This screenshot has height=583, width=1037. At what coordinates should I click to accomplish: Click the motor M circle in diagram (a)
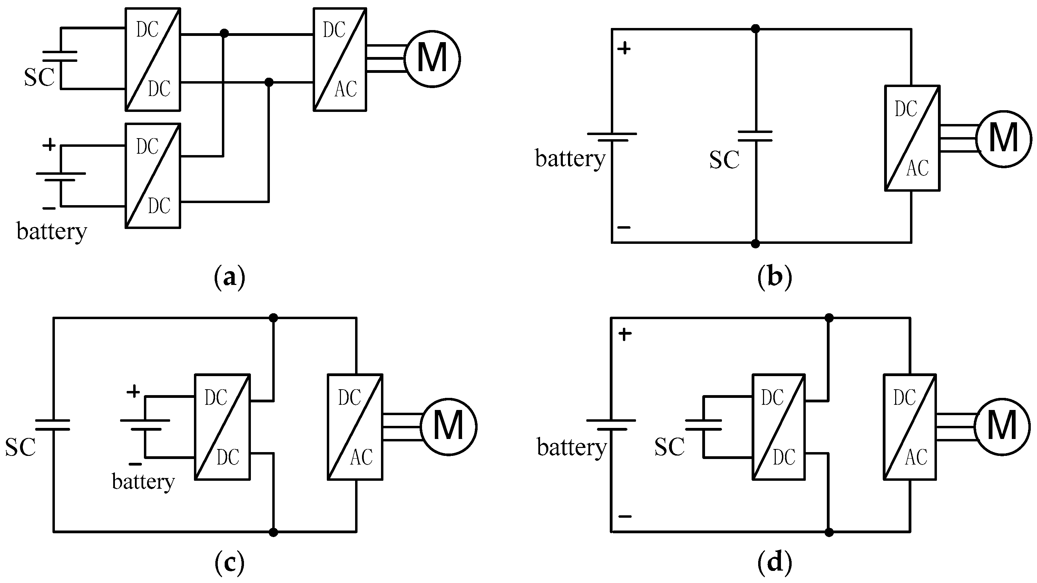[x=432, y=59]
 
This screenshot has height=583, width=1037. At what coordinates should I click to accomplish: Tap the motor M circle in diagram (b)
[x=1003, y=138]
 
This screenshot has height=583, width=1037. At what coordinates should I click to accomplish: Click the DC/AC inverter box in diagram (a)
[x=340, y=59]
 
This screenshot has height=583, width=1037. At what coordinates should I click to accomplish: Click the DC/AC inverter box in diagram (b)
[x=912, y=138]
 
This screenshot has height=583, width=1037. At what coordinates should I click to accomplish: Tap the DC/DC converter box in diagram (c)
[x=222, y=427]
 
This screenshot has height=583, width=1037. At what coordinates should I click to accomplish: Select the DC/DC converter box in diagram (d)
[x=779, y=427]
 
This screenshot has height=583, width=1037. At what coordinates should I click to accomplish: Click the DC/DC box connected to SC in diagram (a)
[x=153, y=59]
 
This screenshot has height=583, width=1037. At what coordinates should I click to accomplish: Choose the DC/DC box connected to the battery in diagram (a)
[x=153, y=176]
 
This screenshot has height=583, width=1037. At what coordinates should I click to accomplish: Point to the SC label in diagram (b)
[x=724, y=160]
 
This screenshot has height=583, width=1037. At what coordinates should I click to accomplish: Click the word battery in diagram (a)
[x=51, y=232]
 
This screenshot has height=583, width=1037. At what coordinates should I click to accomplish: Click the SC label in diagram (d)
[x=669, y=447]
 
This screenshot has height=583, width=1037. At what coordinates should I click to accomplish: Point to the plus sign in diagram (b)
[x=624, y=49]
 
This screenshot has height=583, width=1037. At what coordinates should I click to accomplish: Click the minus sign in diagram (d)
[x=625, y=516]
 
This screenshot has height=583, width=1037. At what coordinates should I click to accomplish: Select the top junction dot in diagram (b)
[x=756, y=29]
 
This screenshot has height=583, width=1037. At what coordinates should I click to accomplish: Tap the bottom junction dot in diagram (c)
[x=273, y=532]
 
